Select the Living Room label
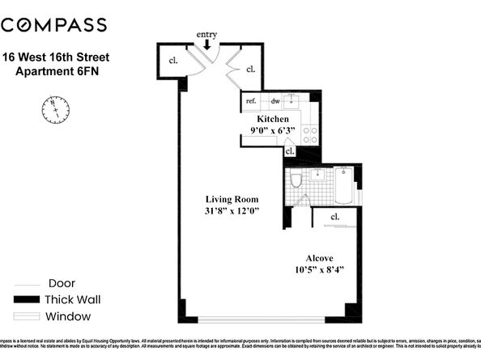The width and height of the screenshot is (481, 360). click(x=230, y=198)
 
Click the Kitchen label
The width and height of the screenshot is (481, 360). click(x=266, y=118)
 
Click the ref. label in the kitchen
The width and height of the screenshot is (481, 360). click(x=251, y=101)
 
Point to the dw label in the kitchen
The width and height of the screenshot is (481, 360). click(x=275, y=101)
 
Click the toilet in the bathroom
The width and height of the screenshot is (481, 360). click(x=296, y=180)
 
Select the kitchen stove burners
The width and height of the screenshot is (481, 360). click(x=309, y=133)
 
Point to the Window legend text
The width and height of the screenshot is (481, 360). click(x=68, y=316)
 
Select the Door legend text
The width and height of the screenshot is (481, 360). click(x=62, y=283)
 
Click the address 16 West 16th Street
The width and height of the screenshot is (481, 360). click(x=57, y=57)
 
